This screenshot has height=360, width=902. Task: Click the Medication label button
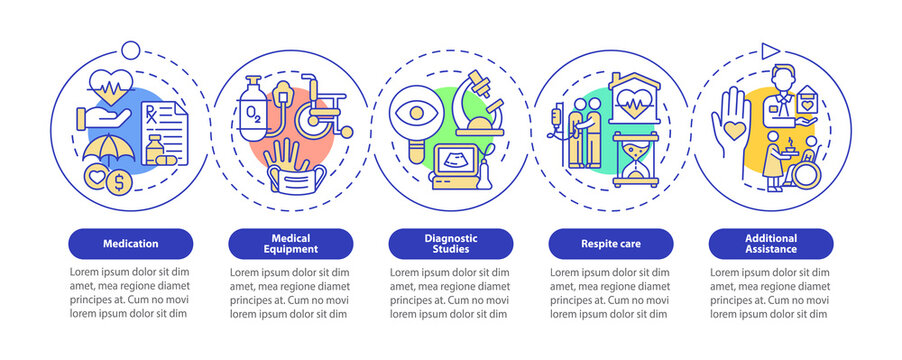pos(130,242)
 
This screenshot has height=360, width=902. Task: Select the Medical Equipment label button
pos(290,242)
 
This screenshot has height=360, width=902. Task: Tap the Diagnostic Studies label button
pos(450,242)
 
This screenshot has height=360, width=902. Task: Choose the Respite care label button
pos(610,242)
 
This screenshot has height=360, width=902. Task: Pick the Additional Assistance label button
pos(770,242)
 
